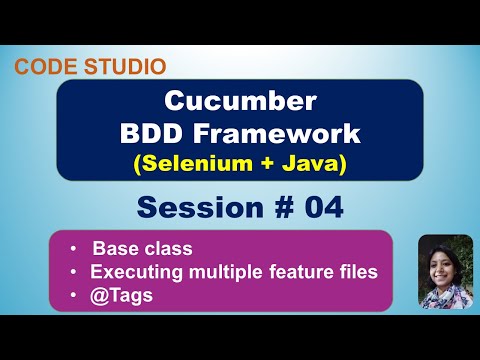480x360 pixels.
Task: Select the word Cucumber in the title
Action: [x=239, y=102]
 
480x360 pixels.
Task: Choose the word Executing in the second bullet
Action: [x=130, y=271]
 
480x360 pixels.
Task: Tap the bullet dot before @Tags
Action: [x=75, y=294]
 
